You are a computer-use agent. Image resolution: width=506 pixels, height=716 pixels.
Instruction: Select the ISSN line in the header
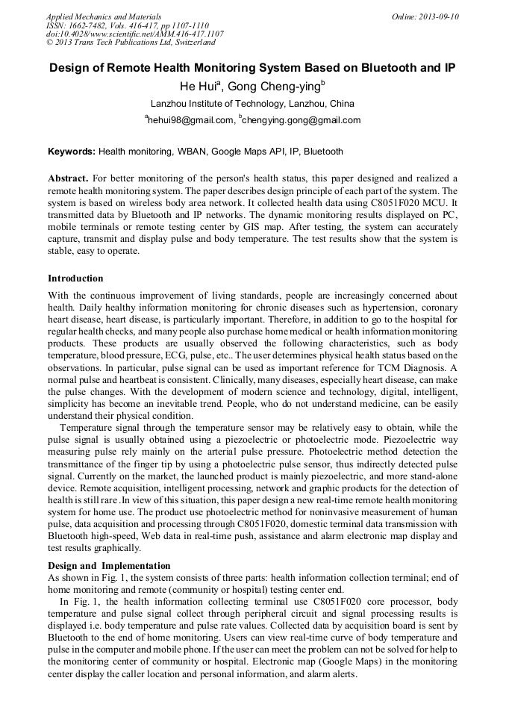[x=126, y=25]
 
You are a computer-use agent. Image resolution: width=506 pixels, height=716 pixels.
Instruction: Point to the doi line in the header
[x=134, y=34]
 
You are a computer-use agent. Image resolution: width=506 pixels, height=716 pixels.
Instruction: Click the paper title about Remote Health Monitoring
[x=252, y=67]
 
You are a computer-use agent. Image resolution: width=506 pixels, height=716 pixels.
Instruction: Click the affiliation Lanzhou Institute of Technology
[x=252, y=104]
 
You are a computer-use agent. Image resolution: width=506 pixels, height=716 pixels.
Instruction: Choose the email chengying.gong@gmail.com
[x=301, y=120]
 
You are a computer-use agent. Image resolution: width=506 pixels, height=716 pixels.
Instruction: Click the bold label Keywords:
[x=72, y=152]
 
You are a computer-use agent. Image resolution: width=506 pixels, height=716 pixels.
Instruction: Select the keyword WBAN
[x=191, y=152]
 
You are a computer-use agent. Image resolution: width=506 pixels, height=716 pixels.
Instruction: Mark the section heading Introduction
[x=75, y=278]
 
